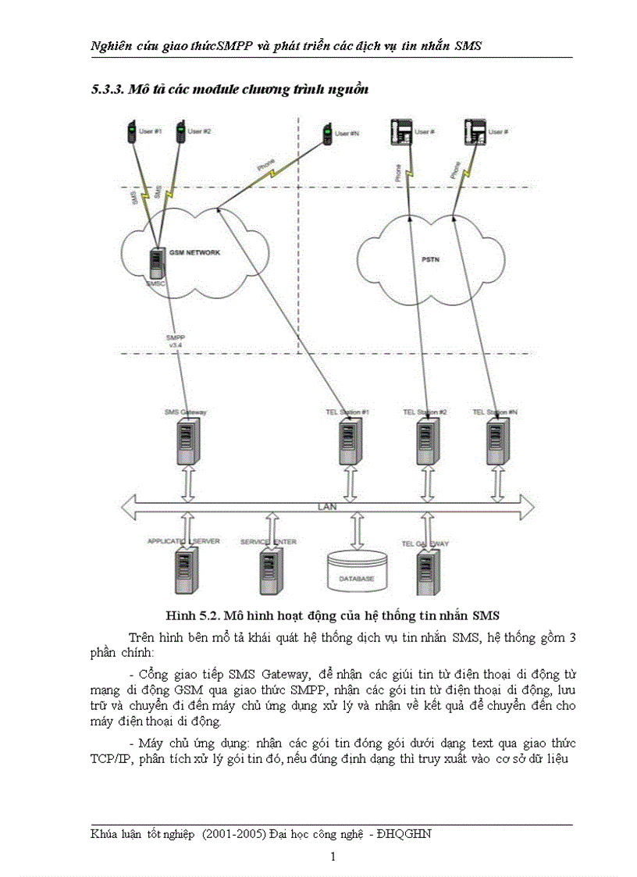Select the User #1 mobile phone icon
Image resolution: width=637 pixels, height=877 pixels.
pyautogui.click(x=130, y=134)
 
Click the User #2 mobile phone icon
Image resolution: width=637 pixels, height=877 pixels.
pyautogui.click(x=180, y=133)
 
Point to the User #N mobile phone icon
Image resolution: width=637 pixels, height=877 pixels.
pyautogui.click(x=326, y=135)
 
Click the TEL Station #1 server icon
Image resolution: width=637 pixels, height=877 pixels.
pyautogui.click(x=349, y=442)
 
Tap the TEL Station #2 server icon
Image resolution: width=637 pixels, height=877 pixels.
pyautogui.click(x=425, y=442)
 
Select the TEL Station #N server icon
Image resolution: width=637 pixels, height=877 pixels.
pyautogui.click(x=496, y=442)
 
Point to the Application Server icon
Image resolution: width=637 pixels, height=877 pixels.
pyautogui.click(x=185, y=571)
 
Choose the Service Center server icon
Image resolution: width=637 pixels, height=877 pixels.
pyautogui.click(x=270, y=571)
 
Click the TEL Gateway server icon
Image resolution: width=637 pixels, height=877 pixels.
pyautogui.click(x=426, y=572)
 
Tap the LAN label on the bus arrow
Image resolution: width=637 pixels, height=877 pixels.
pyautogui.click(x=327, y=507)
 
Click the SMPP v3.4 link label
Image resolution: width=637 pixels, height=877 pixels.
pyautogui.click(x=175, y=342)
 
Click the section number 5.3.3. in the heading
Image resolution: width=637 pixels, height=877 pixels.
pyautogui.click(x=109, y=90)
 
